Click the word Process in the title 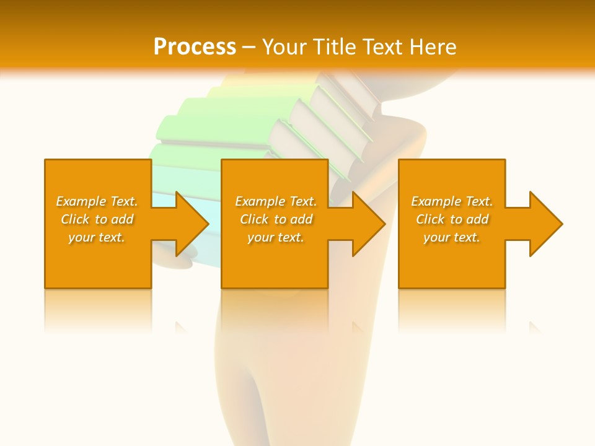click(195, 47)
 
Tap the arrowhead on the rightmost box click(542, 224)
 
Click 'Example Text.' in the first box click(97, 201)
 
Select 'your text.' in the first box click(97, 237)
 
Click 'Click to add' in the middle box click(276, 219)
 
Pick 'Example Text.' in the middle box click(276, 201)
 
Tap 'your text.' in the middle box click(276, 237)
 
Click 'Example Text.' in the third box click(452, 201)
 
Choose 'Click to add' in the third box click(452, 219)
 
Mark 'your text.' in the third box click(452, 237)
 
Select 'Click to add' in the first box click(97, 219)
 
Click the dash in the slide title click(249, 47)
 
